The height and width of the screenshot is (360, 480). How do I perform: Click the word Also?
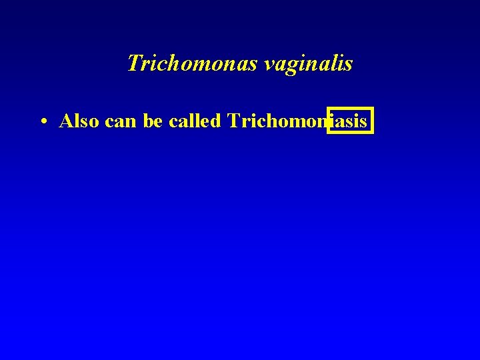pos(80,121)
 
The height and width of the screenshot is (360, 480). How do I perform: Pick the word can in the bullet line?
pos(121,122)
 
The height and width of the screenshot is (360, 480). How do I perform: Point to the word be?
pos(153,121)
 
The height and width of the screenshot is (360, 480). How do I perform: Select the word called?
pos(195,121)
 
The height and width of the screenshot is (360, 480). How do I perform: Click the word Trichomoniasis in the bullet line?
pos(297,121)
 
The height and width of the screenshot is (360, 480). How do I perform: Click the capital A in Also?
pos(66,121)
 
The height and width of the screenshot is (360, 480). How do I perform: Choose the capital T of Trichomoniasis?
pos(233,121)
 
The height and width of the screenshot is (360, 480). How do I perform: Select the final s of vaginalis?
pos(349,65)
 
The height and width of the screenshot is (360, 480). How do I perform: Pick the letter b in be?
pos(148,121)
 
